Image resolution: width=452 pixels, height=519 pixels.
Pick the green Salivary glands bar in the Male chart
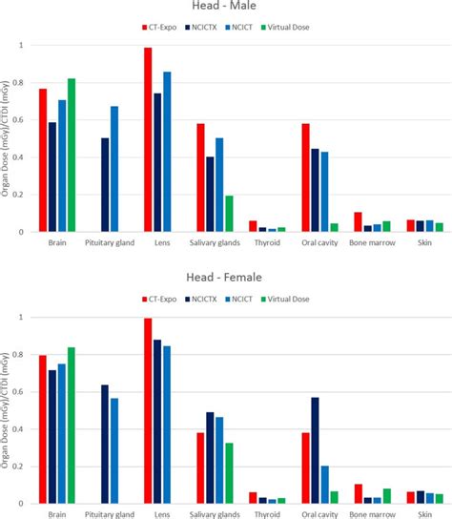[229, 214]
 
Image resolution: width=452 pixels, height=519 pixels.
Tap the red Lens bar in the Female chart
[148, 411]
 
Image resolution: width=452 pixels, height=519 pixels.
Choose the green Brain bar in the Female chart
[72, 426]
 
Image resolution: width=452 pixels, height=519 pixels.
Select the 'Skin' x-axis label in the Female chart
[425, 514]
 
